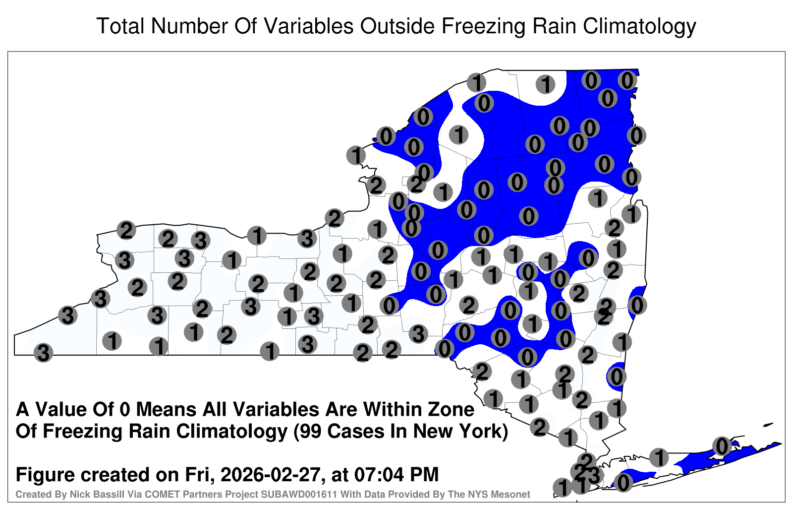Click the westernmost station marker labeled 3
click(43, 353)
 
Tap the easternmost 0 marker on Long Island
click(722, 446)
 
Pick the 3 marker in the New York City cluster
click(594, 475)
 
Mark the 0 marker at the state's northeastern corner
click(627, 80)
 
